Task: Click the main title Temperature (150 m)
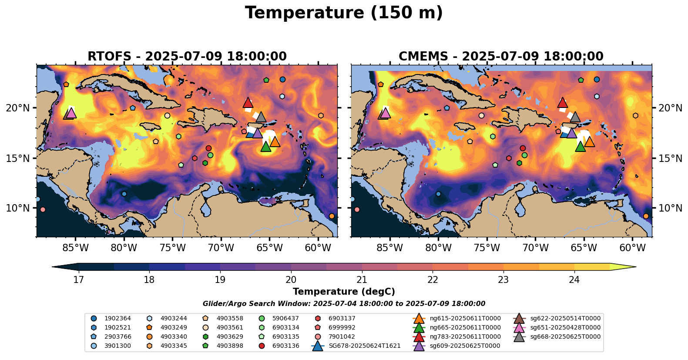[344, 13]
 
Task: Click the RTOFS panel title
[187, 57]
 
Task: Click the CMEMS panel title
[501, 57]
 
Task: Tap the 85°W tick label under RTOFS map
[76, 248]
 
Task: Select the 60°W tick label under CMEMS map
[632, 248]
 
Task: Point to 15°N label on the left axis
[18, 158]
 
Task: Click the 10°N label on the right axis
[671, 208]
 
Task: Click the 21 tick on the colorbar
[362, 279]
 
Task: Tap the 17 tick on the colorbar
[78, 279]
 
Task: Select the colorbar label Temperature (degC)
[344, 292]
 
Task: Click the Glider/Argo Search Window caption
[344, 304]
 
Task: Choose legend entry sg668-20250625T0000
[565, 337]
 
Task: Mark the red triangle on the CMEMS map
[562, 103]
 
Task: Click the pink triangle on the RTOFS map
[71, 113]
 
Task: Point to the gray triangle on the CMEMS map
[575, 117]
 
